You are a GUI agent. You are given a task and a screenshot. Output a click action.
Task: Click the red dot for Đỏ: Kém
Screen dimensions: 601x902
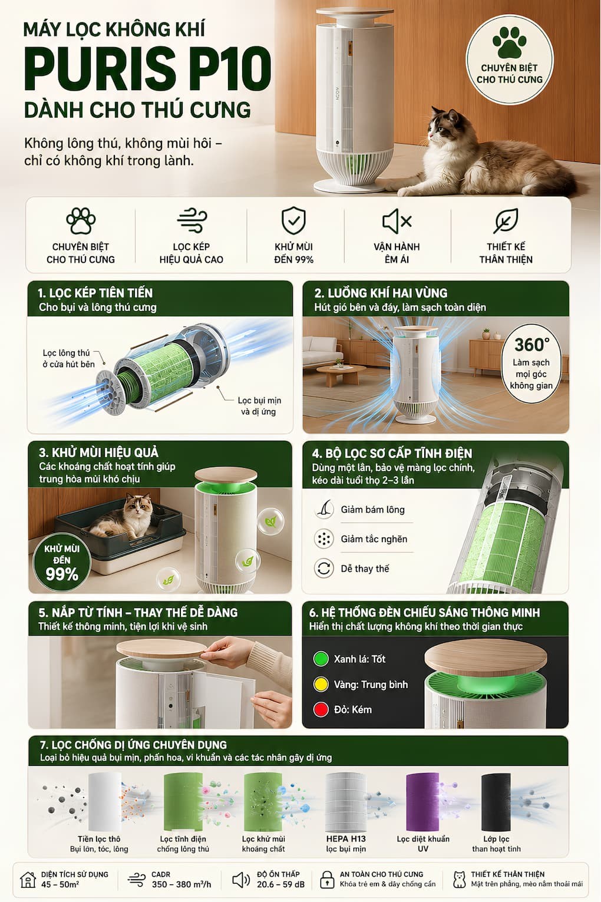point(321,709)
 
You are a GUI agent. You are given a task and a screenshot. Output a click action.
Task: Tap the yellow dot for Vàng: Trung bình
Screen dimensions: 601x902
point(321,685)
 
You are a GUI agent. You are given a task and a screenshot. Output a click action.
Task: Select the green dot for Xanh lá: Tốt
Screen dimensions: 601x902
point(321,659)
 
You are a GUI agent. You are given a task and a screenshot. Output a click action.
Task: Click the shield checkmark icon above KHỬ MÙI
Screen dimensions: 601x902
point(293,220)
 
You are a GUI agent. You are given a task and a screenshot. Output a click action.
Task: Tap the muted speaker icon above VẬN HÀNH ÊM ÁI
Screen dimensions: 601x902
point(397,221)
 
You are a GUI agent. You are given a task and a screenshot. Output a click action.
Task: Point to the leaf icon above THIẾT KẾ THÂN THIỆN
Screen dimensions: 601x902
point(506,221)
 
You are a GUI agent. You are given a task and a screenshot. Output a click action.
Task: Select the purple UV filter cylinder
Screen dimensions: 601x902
point(422,801)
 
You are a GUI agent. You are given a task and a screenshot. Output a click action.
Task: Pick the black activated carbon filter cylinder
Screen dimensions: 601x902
point(496,801)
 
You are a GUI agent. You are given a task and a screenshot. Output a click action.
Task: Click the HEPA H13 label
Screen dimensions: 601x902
point(346,839)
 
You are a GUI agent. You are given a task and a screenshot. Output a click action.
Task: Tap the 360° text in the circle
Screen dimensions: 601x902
point(531,345)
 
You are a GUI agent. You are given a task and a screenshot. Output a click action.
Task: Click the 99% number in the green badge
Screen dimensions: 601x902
point(62,574)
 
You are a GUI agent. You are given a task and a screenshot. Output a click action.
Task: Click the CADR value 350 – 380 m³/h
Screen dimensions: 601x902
point(181,885)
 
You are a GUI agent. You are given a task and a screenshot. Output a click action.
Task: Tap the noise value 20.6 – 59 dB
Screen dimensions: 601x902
point(281,885)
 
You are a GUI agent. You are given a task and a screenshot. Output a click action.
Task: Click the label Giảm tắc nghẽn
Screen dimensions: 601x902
point(374,538)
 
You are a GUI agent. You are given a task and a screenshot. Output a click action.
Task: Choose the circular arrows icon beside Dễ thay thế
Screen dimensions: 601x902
point(324,569)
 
